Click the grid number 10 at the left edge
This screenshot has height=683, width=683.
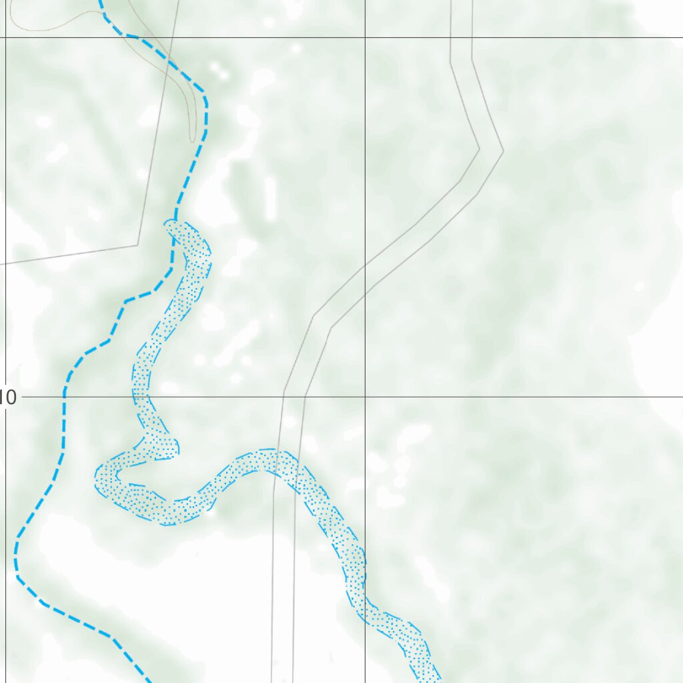click(x=9, y=398)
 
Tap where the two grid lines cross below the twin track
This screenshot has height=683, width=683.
click(x=365, y=397)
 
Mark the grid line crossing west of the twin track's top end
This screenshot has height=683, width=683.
click(x=365, y=37)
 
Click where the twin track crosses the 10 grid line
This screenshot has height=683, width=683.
click(x=294, y=397)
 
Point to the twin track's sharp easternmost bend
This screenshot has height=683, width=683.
click(x=491, y=150)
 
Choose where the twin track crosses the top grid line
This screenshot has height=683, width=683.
click(x=462, y=37)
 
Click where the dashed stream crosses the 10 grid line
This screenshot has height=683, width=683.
click(x=64, y=397)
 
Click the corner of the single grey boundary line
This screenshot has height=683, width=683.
click(x=138, y=245)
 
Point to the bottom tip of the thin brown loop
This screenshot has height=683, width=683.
click(x=193, y=141)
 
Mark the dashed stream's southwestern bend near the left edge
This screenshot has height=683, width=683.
click(x=17, y=567)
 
